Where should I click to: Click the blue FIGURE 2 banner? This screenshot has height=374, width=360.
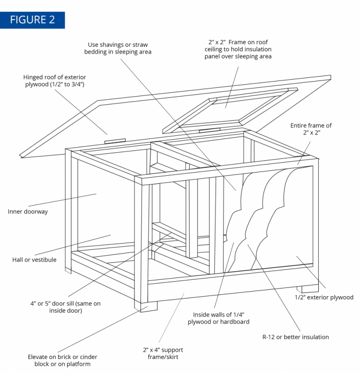point(32,20)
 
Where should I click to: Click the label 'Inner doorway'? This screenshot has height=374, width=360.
point(28,211)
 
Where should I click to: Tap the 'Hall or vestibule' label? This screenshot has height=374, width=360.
point(34,260)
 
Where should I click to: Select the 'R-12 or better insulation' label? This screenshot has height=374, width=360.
point(296,337)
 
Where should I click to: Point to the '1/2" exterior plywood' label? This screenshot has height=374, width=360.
point(324,297)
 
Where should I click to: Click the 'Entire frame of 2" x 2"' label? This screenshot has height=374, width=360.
point(311,129)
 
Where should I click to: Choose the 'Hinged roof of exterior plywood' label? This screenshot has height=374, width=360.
point(55,81)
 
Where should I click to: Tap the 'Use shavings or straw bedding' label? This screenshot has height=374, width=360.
point(118,48)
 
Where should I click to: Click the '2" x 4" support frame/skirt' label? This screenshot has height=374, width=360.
point(163,353)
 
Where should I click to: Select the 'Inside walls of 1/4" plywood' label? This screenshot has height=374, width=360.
point(218,318)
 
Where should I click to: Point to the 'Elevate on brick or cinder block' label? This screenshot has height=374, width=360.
point(62,360)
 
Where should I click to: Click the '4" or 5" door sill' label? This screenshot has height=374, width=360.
point(66,307)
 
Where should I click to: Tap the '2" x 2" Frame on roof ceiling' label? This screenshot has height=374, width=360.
point(238,49)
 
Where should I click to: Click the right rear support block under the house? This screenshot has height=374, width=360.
point(307,288)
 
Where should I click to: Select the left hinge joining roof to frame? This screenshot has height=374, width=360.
point(115,141)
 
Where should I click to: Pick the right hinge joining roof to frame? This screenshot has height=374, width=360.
point(210,130)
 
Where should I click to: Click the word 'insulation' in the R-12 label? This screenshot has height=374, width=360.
point(315,337)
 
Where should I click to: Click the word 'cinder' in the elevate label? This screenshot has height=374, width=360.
point(88,357)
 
